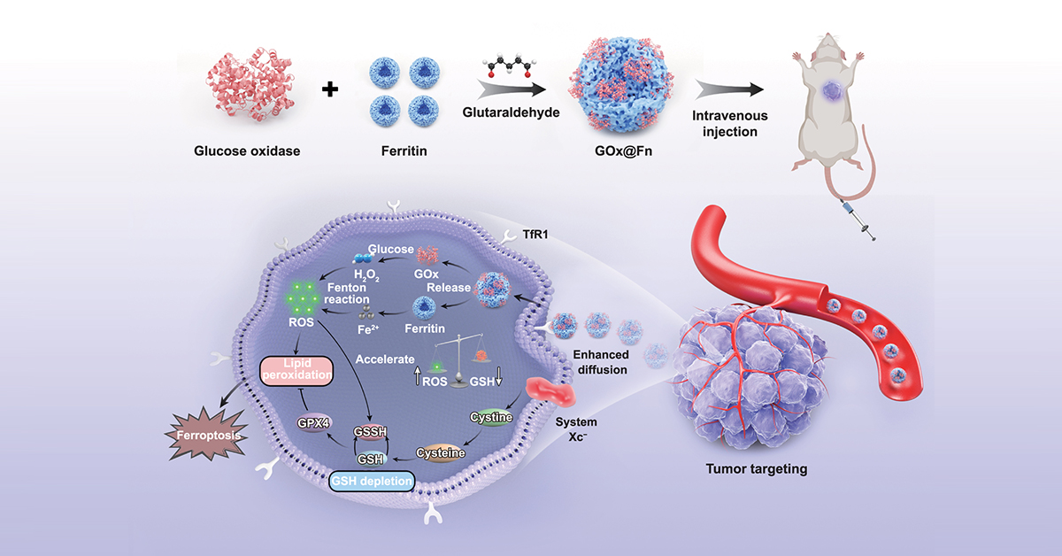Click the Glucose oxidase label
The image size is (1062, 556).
click(247, 151)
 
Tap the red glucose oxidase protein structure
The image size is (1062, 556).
click(246, 87)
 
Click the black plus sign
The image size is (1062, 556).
click(328, 89)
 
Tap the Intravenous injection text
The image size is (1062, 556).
click(729, 125)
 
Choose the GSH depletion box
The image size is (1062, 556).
click(371, 482)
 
